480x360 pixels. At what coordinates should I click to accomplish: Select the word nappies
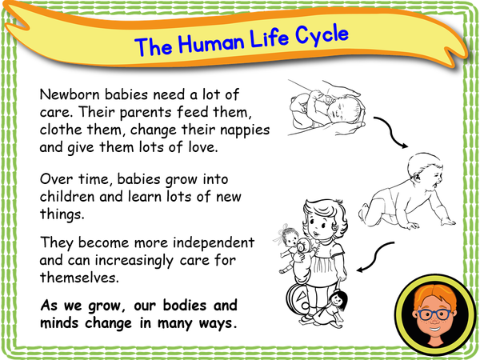coord(246,128)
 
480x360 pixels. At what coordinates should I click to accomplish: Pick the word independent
coord(215,242)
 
